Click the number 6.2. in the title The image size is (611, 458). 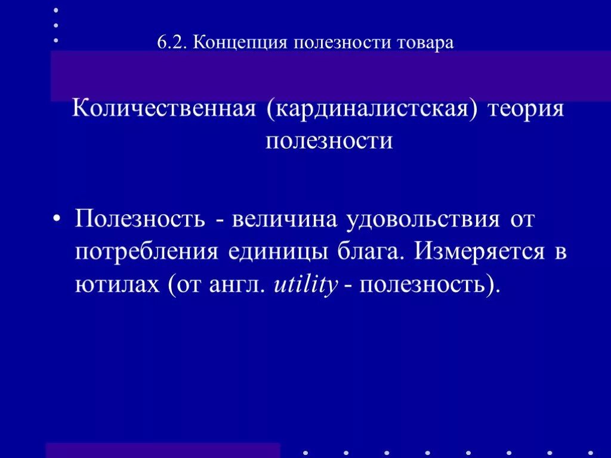[x=172, y=44]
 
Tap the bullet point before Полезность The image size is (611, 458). [x=58, y=219]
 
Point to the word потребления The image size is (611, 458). [x=146, y=251]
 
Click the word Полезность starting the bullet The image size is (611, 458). [x=140, y=219]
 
